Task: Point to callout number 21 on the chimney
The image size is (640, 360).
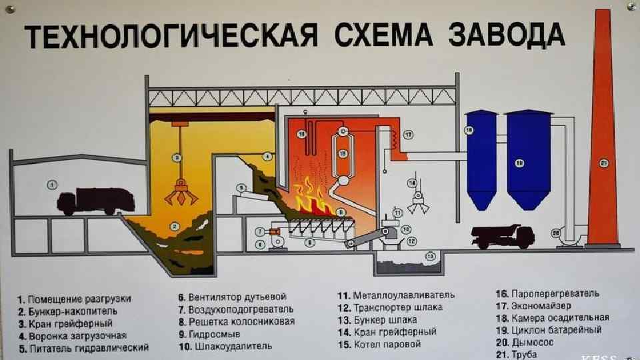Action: coord(604,163)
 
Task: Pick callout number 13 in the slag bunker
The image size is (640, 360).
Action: coord(430,255)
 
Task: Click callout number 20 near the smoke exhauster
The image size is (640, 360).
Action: coord(555,233)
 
